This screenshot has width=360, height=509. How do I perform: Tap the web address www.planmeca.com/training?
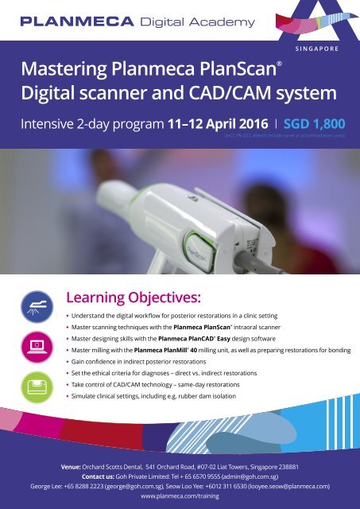[x=180, y=494]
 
